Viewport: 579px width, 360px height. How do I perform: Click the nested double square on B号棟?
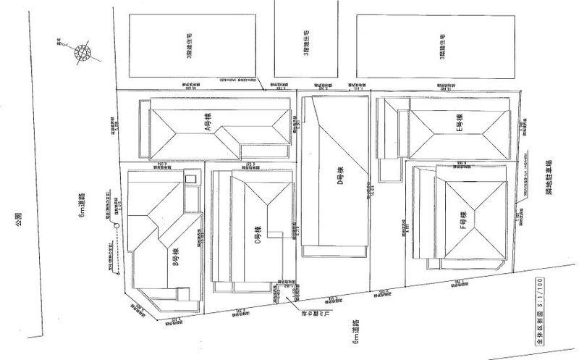pos(190,179)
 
